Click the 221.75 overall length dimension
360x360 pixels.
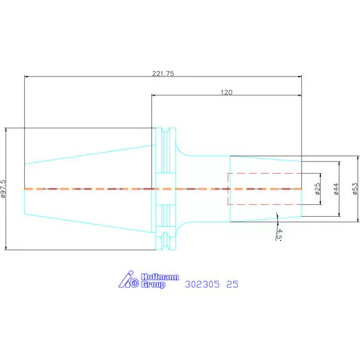[163, 74]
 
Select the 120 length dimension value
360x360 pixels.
[226, 92]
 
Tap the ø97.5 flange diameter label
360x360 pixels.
[3, 189]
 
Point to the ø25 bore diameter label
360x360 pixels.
[318, 189]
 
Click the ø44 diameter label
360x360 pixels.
[336, 189]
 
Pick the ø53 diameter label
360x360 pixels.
[355, 189]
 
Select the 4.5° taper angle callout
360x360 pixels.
[279, 235]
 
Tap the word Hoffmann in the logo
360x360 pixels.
[160, 277]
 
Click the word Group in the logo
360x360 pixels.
[153, 284]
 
